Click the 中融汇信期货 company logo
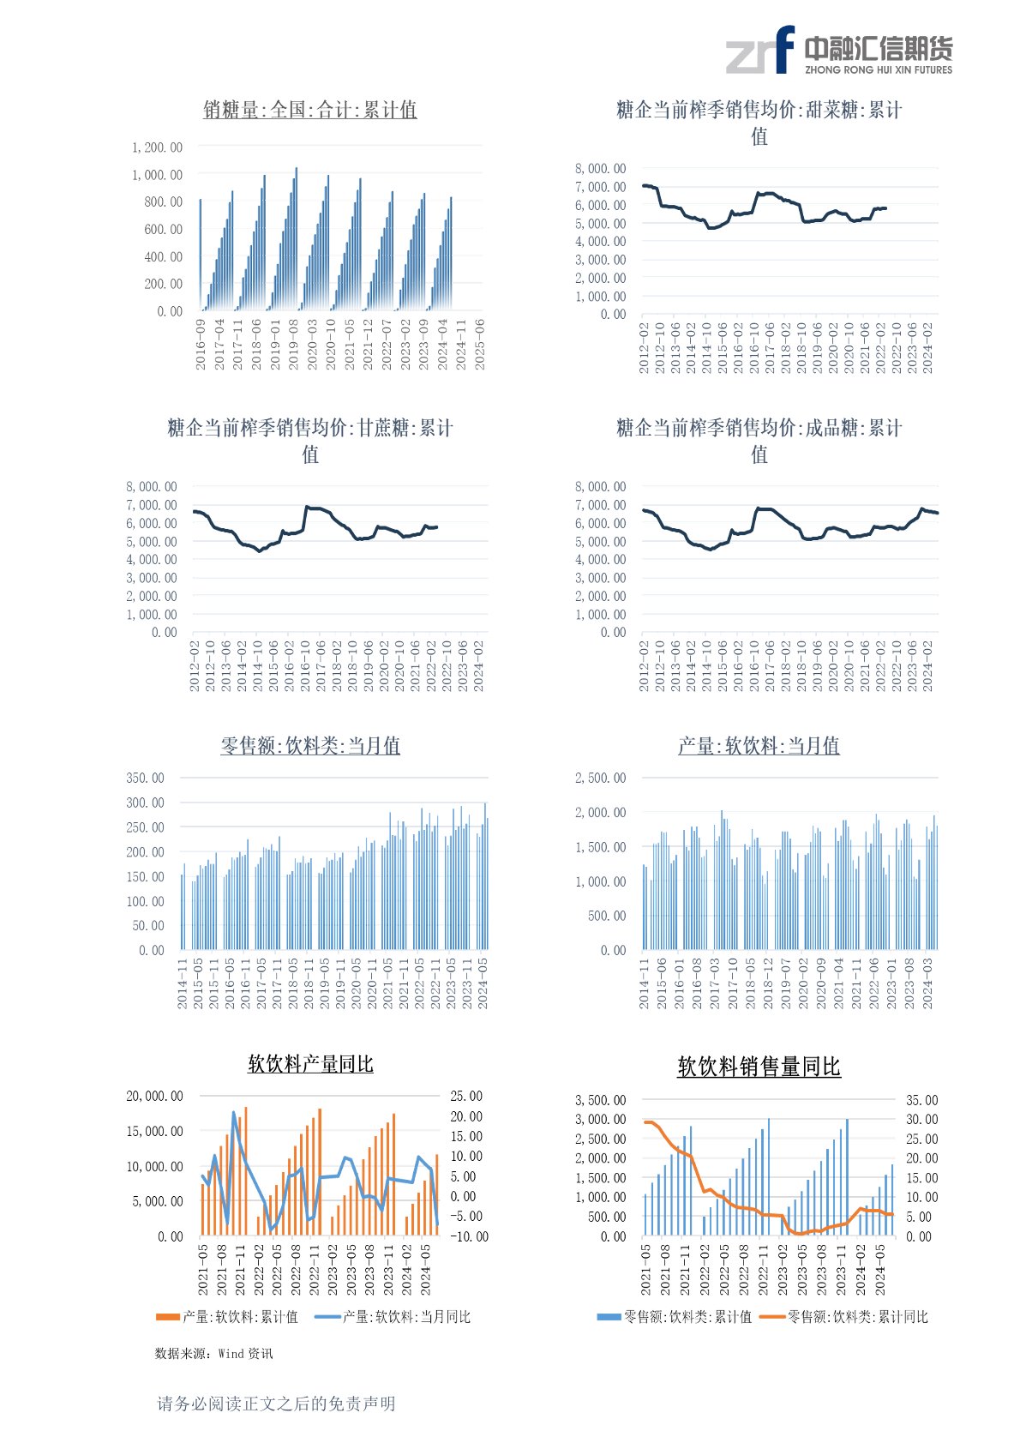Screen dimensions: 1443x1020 coord(838,51)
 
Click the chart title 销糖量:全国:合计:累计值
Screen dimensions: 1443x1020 coord(309,110)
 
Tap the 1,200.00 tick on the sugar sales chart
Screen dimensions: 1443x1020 coord(157,147)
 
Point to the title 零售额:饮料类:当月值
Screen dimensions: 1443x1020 coord(309,746)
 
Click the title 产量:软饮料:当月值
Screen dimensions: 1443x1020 coord(759,746)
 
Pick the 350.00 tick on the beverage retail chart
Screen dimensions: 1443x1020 coord(145,778)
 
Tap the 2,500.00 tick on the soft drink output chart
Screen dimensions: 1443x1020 coord(600,778)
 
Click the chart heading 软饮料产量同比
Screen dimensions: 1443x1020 coord(310,1064)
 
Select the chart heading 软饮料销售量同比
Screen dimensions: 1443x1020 coord(759,1067)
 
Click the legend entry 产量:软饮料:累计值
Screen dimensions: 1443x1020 coord(227,1317)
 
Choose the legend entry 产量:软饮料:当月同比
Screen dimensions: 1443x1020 coord(394,1317)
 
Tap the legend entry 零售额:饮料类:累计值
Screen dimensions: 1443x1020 coord(675,1317)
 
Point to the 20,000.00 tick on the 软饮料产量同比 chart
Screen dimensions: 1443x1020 coord(154,1096)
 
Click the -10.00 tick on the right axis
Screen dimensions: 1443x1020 coord(469,1236)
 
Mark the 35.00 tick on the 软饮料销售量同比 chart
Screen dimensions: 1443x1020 coord(921,1100)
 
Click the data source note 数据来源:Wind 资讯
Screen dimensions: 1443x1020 coord(213,1353)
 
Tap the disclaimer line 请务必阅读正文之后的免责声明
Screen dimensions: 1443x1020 coord(276,1404)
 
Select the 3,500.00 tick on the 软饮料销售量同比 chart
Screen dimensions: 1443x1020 coord(600,1100)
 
